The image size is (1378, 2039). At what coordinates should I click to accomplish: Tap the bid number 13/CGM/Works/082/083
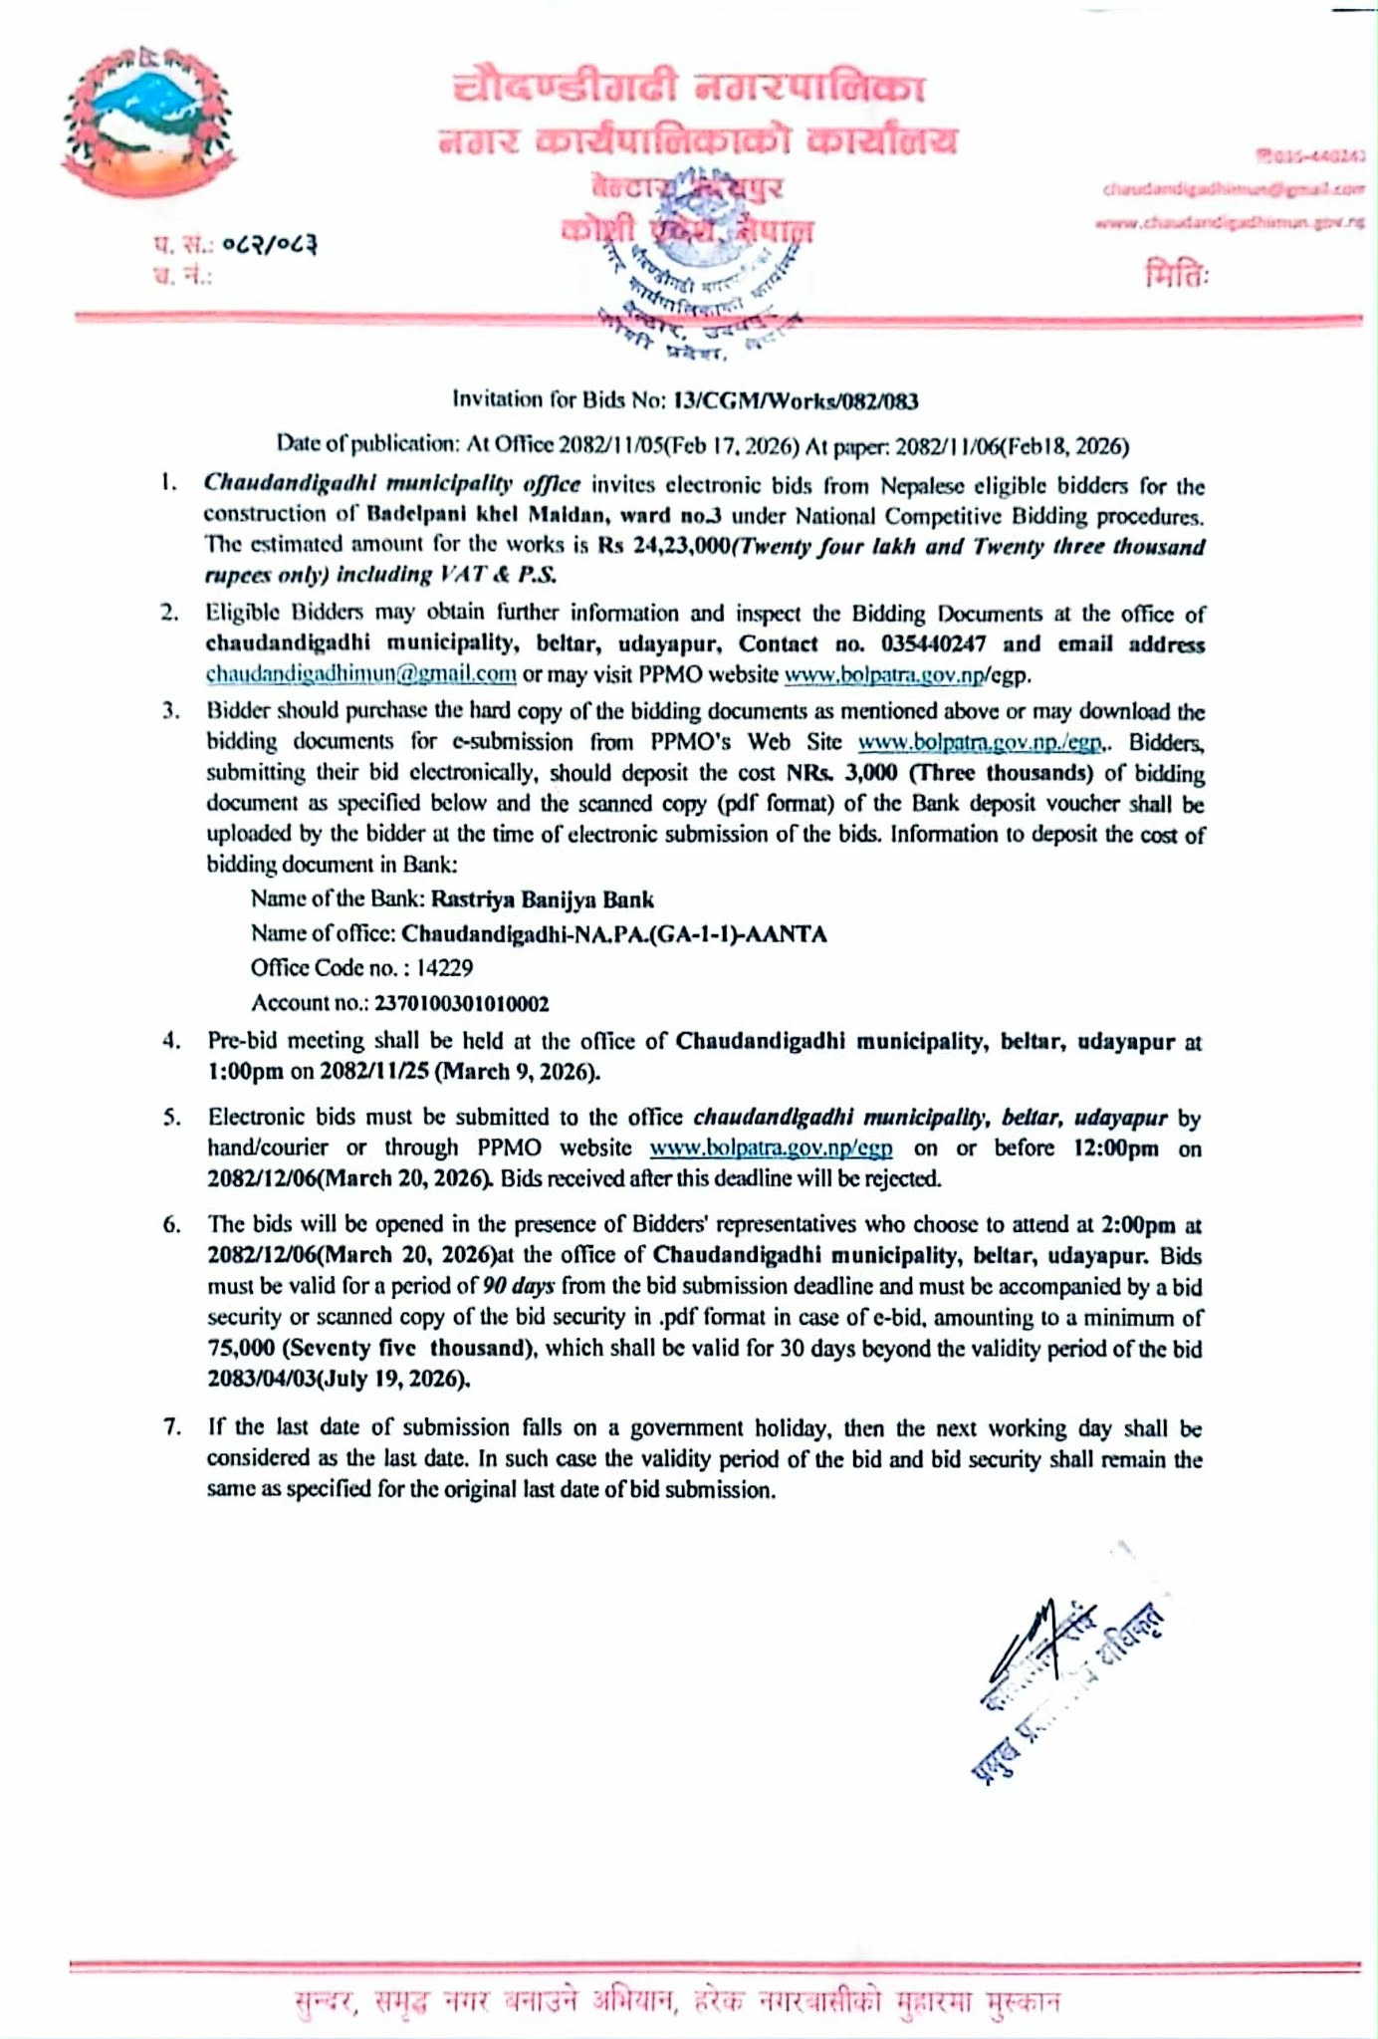[x=796, y=401]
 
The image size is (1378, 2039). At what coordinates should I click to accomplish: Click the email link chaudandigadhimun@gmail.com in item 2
[x=360, y=674]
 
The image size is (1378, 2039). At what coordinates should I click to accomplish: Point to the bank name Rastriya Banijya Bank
[x=542, y=899]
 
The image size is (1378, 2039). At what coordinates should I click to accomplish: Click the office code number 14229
[x=445, y=967]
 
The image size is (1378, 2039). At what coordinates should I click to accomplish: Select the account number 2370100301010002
[x=461, y=1003]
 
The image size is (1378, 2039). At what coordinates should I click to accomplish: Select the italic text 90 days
[x=518, y=1286]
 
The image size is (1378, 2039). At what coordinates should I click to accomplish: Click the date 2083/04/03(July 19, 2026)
[x=339, y=1380]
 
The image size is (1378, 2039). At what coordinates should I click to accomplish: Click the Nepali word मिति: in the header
[x=1176, y=272]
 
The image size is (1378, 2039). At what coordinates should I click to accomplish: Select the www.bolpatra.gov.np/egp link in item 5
[x=771, y=1147]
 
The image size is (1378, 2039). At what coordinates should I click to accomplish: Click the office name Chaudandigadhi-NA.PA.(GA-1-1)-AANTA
[x=613, y=934]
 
